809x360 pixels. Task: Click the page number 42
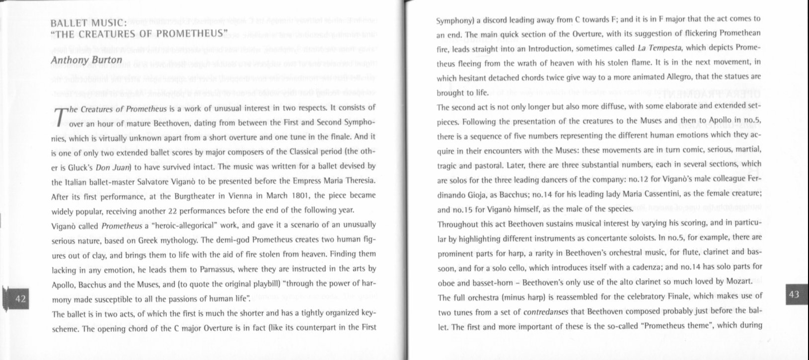click(x=20, y=299)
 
